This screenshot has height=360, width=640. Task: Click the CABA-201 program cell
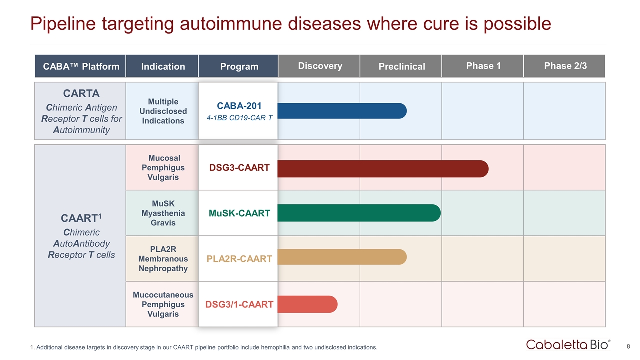coord(238,111)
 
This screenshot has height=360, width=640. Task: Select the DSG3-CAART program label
coord(239,168)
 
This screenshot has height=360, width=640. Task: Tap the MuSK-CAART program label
coord(239,213)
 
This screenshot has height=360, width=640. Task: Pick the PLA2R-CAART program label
coord(239,259)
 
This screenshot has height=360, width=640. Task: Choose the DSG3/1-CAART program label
coord(239,304)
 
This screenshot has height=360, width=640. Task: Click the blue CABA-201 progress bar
coord(342,111)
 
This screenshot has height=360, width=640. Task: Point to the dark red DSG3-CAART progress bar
coord(382,169)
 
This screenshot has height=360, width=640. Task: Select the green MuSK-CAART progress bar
coord(359,213)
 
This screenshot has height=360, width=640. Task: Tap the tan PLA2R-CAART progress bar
coord(342,257)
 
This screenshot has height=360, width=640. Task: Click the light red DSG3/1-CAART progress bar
coord(307,304)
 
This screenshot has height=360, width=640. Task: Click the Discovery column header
coord(320,66)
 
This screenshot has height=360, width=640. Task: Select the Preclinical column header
coord(401,66)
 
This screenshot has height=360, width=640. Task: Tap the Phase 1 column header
coord(483,66)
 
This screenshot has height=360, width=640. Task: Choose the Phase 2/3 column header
coord(564,66)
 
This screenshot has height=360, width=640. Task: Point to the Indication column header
coord(163,66)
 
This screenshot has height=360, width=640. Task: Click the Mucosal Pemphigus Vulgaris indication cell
coord(163,168)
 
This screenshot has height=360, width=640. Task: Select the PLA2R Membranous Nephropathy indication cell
coord(163,259)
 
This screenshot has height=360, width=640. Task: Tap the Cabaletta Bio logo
coord(568,344)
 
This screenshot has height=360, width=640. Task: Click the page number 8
coord(628,346)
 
